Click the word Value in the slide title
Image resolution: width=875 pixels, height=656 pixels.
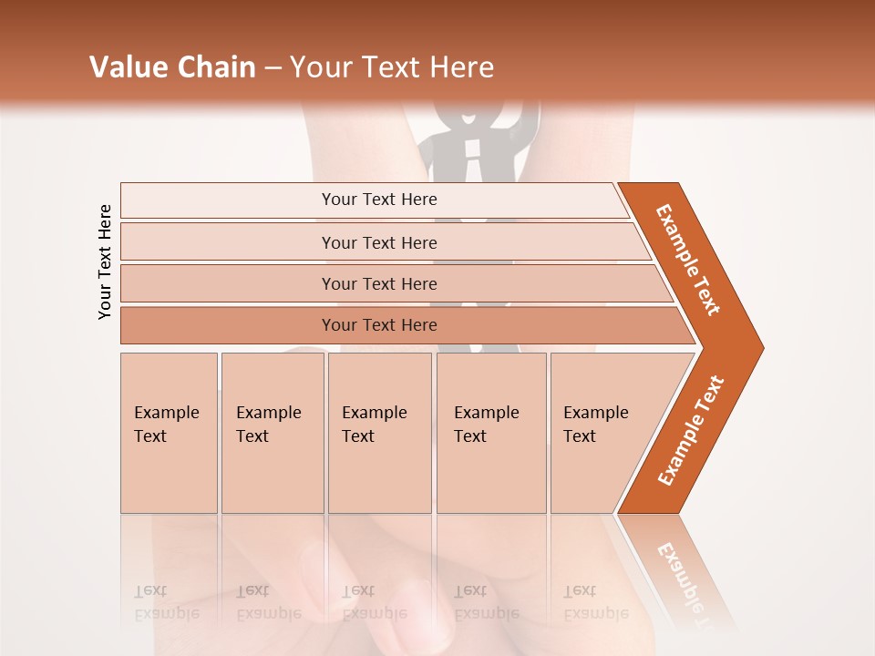pyautogui.click(x=129, y=67)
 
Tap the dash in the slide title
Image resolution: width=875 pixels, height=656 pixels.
pyautogui.click(x=273, y=68)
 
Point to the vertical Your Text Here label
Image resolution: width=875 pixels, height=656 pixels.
pyautogui.click(x=105, y=261)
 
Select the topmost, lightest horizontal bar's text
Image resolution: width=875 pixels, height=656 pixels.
pyautogui.click(x=379, y=200)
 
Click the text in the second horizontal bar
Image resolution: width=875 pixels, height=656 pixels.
pyautogui.click(x=379, y=242)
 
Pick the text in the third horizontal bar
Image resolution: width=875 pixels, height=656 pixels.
pyautogui.click(x=379, y=284)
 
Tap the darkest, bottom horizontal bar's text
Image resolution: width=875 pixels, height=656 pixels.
pyautogui.click(x=379, y=325)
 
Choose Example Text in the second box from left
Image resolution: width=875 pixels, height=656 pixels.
pyautogui.click(x=268, y=425)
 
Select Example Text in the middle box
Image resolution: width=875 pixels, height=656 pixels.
pyautogui.click(x=374, y=425)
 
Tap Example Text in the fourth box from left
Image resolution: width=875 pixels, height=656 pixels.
pyautogui.click(x=486, y=425)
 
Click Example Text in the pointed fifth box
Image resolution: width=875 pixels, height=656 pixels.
pyautogui.click(x=595, y=425)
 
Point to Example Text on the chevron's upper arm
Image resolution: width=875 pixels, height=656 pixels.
pyautogui.click(x=688, y=260)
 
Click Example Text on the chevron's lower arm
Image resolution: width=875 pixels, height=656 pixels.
pyautogui.click(x=690, y=430)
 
